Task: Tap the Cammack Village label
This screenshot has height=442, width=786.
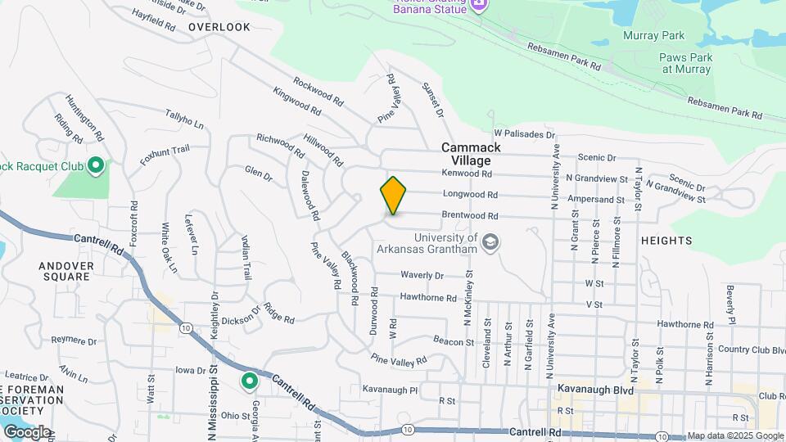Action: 471,154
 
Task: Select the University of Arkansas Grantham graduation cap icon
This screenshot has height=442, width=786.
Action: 490,242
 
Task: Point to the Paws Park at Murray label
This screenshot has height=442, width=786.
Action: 686,63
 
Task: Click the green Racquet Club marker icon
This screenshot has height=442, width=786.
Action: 96,168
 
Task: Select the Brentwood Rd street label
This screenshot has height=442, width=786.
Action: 470,216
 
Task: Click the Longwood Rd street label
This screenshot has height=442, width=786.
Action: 470,195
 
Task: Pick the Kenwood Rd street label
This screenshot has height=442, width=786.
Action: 467,174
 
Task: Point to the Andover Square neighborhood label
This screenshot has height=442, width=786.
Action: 66,271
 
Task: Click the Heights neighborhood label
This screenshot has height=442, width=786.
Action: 666,241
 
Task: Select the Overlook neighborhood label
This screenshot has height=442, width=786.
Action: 219,27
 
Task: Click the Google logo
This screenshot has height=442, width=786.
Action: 27,431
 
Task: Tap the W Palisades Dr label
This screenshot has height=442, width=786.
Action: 524,133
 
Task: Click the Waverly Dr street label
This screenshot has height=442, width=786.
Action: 422,276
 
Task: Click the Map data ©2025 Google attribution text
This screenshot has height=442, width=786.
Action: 734,435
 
